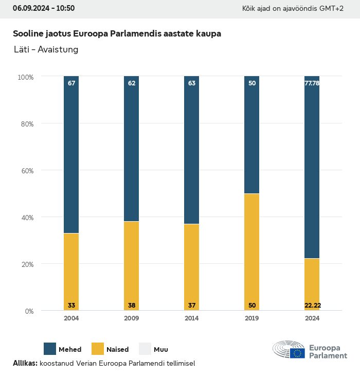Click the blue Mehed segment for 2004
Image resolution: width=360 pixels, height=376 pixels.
pyautogui.click(x=71, y=154)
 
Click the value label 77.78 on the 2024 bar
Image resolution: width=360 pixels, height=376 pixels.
pyautogui.click(x=312, y=83)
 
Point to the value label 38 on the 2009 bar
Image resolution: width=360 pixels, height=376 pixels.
pyautogui.click(x=132, y=306)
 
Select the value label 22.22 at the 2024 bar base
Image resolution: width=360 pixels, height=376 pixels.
pyautogui.click(x=312, y=306)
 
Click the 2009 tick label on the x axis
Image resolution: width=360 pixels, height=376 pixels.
pyautogui.click(x=132, y=318)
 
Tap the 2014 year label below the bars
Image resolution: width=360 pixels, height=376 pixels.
pyautogui.click(x=192, y=318)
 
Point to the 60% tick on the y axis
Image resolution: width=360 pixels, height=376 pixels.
pyautogui.click(x=26, y=171)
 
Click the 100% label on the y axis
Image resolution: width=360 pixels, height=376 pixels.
pyautogui.click(x=25, y=77)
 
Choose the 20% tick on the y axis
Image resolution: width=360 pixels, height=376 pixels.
pyautogui.click(x=26, y=264)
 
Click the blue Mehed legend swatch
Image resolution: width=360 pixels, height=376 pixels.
pyautogui.click(x=50, y=349)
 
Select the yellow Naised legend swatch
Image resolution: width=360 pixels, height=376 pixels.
pyautogui.click(x=98, y=349)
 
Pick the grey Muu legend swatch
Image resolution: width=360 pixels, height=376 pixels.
pyautogui.click(x=145, y=349)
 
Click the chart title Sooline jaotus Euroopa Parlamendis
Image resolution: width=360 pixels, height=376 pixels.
pyautogui.click(x=117, y=34)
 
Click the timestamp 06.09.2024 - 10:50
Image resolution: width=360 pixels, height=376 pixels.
pyautogui.click(x=44, y=8)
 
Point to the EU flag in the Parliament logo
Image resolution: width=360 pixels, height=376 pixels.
pyautogui.click(x=297, y=353)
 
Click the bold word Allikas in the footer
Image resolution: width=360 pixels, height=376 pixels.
pyautogui.click(x=25, y=363)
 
